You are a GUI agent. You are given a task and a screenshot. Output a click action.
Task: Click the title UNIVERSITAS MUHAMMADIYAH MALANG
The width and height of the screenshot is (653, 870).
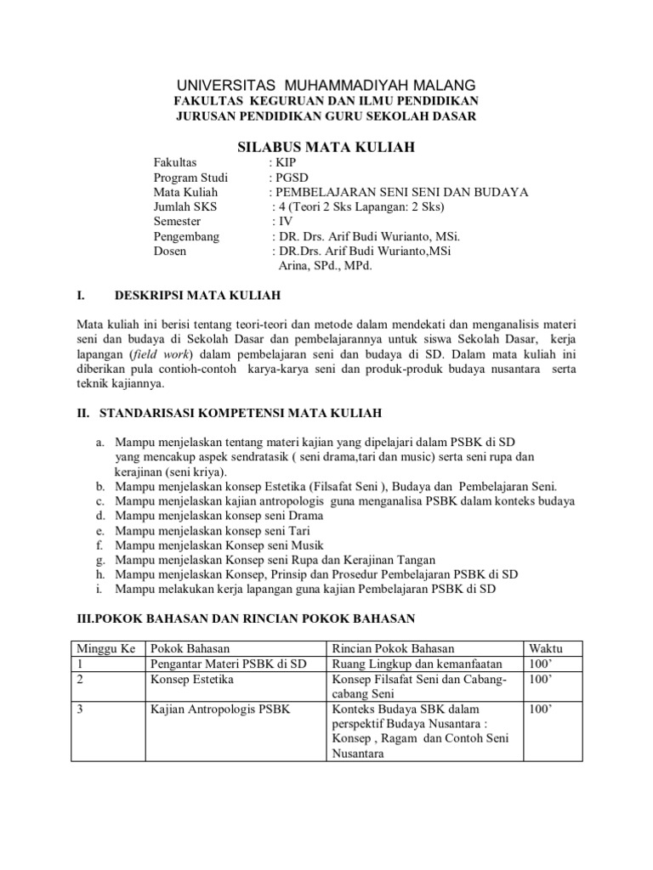(x=326, y=85)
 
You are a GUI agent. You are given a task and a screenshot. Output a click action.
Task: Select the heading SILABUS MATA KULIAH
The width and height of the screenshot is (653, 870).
(x=326, y=147)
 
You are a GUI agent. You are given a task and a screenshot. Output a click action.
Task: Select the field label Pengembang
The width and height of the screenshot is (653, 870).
(x=186, y=237)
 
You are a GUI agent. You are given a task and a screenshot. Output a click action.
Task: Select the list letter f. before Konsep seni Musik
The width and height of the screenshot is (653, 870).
(x=99, y=545)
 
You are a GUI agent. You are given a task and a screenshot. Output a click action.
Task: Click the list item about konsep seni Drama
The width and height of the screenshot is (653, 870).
(x=209, y=516)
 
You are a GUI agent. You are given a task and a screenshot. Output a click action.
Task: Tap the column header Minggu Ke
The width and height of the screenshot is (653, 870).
(x=106, y=648)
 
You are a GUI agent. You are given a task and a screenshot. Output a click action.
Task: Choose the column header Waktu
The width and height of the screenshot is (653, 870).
(x=546, y=648)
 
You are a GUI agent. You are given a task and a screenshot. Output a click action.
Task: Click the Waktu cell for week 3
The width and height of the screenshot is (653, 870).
(x=541, y=709)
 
